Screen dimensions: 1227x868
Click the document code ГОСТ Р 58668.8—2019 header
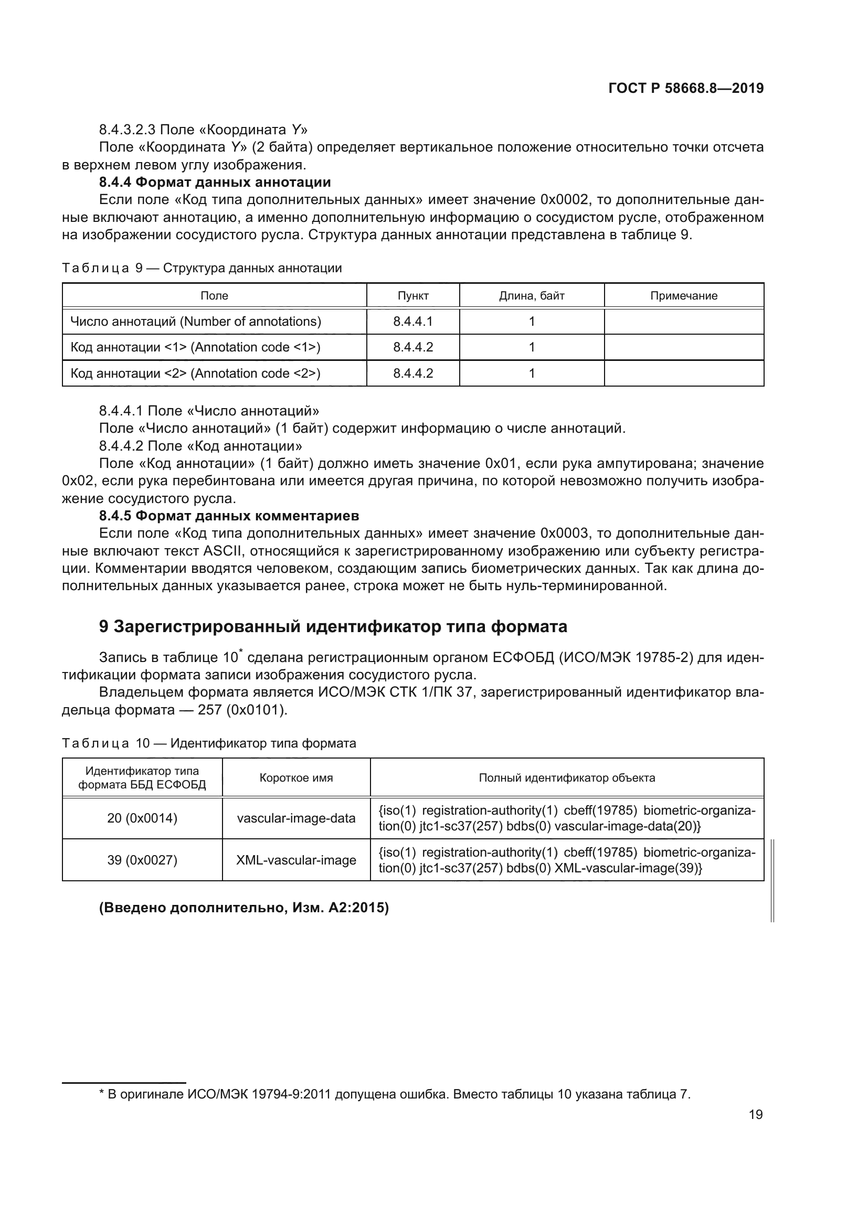(686, 89)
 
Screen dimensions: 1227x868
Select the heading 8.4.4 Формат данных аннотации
(215, 182)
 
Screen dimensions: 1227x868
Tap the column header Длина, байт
(531, 295)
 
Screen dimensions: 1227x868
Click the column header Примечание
(684, 295)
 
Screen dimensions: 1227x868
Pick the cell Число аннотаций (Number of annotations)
(196, 321)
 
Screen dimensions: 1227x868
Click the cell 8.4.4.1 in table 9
(412, 321)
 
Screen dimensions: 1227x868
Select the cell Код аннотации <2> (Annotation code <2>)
(196, 373)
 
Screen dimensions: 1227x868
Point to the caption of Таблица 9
(202, 268)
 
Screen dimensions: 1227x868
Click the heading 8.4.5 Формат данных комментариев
(229, 516)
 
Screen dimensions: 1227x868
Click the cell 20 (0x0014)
(142, 818)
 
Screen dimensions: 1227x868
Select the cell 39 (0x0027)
(142, 860)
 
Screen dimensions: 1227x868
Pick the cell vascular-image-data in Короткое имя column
(296, 818)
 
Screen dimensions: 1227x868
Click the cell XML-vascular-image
(296, 860)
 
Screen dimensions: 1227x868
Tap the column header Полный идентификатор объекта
(567, 777)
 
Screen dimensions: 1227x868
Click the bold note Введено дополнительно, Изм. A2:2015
(244, 908)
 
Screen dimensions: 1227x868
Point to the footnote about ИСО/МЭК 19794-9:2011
(396, 1094)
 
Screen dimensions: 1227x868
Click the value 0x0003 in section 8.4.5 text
(560, 534)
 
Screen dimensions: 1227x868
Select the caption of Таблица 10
(209, 743)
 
